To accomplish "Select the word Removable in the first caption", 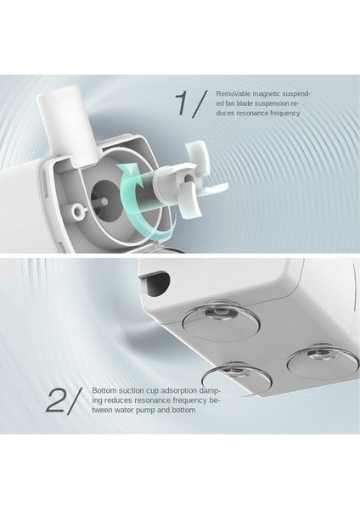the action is click(x=233, y=94).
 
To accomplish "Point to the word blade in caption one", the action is click(x=245, y=103).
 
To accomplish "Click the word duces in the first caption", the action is click(x=225, y=114).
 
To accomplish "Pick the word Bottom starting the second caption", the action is click(x=104, y=390).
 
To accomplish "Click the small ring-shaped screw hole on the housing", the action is click(x=79, y=211).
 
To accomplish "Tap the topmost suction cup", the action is click(x=221, y=321).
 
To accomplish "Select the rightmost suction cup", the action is click(x=323, y=361).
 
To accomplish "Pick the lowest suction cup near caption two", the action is click(x=237, y=378).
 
